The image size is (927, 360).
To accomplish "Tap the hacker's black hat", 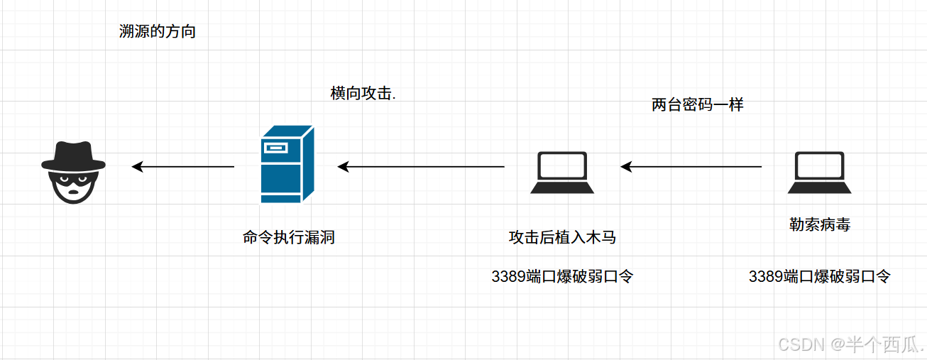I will click(73, 156).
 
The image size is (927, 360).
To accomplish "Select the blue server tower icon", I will click(287, 164).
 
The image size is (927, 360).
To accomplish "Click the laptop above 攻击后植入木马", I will click(562, 173).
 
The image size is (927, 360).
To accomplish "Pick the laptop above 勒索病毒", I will click(819, 173).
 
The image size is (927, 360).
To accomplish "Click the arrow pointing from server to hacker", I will click(183, 167).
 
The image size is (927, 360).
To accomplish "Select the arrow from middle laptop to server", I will click(421, 167).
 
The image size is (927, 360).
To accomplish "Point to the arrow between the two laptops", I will click(691, 167).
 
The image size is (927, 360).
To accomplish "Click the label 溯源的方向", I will click(158, 32).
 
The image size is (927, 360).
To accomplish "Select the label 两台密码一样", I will click(697, 105).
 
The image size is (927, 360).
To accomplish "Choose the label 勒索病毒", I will click(820, 225).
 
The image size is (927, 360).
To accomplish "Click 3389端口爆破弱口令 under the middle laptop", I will click(561, 276).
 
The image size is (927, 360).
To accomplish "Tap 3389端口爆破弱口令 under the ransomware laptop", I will click(819, 276).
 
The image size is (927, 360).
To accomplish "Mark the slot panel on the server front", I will click(277, 148).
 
